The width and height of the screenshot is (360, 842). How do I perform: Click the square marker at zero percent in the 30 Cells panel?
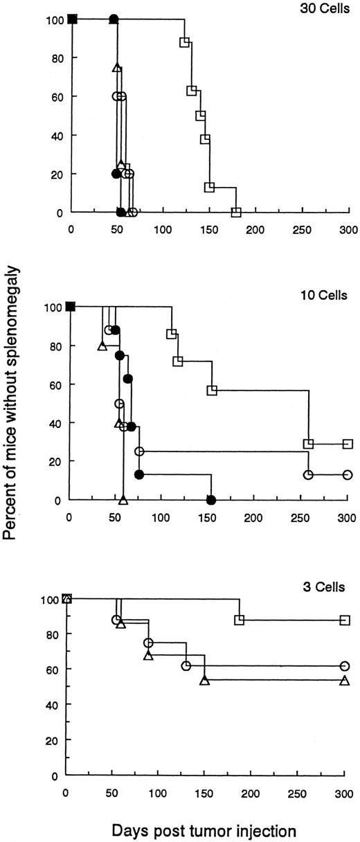point(236,212)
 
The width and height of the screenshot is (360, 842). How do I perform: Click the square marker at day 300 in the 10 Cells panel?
point(348,444)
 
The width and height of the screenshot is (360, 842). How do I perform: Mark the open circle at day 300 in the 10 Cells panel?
point(348,474)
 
